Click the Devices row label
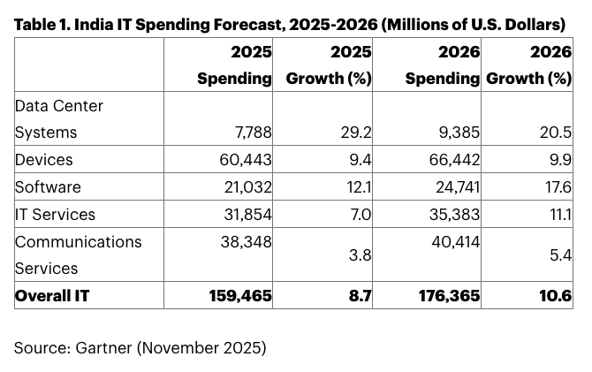[43, 160]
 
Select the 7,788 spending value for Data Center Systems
[250, 133]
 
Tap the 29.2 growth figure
[357, 133]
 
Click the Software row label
[48, 187]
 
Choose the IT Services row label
[55, 215]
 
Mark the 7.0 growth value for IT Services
[361, 215]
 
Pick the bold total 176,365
[450, 296]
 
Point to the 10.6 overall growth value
[557, 296]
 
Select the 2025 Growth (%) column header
[329, 66]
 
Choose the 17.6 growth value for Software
[558, 187]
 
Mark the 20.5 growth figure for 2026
[557, 133]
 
